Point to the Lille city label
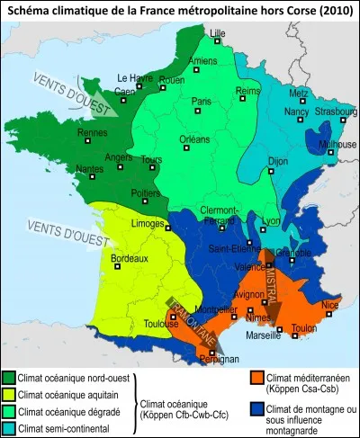(217, 35)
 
